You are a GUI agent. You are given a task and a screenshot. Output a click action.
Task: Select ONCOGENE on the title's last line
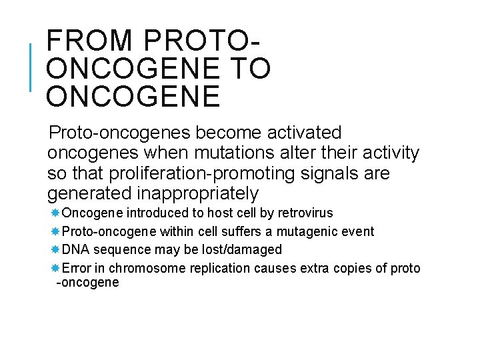pyautogui.click(x=133, y=97)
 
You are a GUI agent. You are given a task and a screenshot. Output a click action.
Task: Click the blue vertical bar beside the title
pyautogui.click(x=31, y=67)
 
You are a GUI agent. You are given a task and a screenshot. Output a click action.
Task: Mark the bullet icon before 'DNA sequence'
pyautogui.click(x=55, y=249)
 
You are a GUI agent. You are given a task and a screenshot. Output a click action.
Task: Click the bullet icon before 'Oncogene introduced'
pyautogui.click(x=55, y=213)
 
